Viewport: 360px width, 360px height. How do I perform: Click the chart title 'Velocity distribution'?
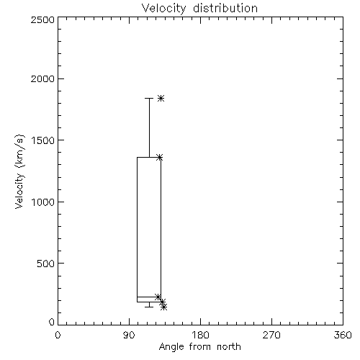click(199, 9)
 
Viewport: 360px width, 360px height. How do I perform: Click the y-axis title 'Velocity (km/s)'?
click(19, 171)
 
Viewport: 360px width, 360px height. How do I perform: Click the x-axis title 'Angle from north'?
click(199, 347)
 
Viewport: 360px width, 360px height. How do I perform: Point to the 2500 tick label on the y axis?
click(42, 19)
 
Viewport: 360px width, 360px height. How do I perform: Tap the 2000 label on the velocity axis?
click(42, 78)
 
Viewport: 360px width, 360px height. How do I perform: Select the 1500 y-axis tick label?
click(43, 140)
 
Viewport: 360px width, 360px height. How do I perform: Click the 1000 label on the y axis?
click(43, 202)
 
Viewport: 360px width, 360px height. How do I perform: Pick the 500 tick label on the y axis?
click(46, 264)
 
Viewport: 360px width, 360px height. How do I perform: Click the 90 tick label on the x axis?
click(129, 335)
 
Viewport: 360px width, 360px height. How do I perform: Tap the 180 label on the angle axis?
click(200, 335)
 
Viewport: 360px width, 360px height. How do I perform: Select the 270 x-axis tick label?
click(271, 335)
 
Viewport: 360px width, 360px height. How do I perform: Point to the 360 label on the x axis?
click(343, 335)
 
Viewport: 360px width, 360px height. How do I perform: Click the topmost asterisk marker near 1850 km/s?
click(161, 98)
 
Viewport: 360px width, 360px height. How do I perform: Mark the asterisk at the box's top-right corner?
click(160, 158)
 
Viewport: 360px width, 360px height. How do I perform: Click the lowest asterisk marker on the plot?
click(164, 307)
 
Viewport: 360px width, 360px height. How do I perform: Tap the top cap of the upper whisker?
click(149, 98)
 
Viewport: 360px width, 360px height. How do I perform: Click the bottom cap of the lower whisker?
click(149, 307)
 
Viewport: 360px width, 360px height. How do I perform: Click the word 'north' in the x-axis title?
click(229, 347)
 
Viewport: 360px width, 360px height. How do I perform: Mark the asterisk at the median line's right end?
click(158, 297)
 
